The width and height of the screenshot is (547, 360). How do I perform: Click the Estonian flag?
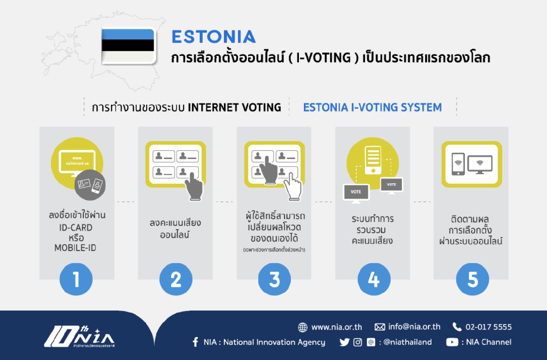[128, 46]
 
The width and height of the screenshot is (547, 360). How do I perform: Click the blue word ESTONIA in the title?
[214, 37]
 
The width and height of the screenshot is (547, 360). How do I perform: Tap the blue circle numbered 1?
[76, 279]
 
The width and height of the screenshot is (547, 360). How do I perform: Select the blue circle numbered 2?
[176, 279]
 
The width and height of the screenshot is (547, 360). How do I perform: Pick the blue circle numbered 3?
[274, 279]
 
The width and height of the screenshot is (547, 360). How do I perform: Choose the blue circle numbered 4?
[374, 279]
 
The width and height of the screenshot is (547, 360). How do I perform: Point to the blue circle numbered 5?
[472, 279]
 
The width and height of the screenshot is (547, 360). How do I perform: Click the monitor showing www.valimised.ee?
[77, 163]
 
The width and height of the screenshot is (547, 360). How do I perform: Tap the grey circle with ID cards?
[90, 185]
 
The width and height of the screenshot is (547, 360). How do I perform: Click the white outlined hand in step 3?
[293, 187]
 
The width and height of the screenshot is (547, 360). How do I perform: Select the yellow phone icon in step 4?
[373, 160]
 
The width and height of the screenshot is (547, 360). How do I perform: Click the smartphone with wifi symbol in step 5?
[458, 164]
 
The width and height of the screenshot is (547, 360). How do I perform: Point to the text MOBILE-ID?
[75, 248]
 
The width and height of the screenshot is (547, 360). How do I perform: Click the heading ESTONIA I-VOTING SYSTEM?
[373, 107]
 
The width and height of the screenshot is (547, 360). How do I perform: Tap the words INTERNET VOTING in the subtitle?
[235, 107]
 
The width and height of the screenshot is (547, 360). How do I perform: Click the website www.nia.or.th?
[337, 327]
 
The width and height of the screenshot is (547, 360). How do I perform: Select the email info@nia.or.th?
[414, 327]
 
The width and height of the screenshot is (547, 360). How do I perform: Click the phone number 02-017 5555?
[489, 327]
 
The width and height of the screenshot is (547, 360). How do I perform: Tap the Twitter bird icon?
[344, 342]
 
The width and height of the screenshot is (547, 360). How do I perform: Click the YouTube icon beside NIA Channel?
[452, 342]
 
